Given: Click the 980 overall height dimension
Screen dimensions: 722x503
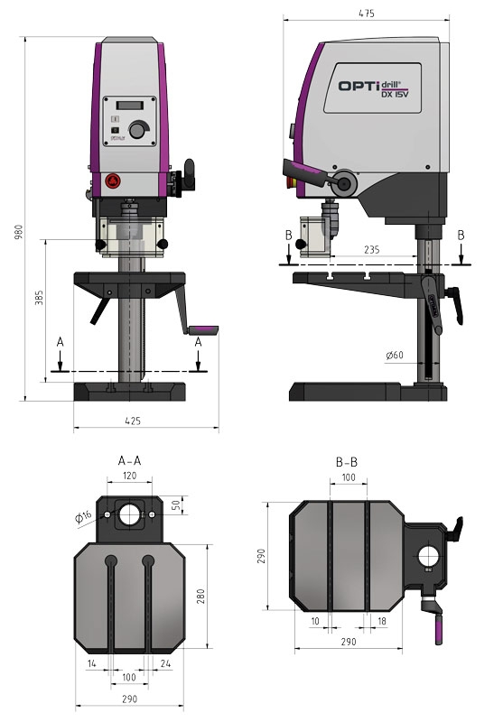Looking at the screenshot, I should [16, 231].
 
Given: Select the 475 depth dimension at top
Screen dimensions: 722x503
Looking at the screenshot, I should [367, 13].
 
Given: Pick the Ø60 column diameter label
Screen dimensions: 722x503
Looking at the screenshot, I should [394, 356].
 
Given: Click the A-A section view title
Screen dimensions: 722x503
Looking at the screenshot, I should [129, 460].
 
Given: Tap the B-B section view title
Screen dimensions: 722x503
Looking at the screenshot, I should [346, 462].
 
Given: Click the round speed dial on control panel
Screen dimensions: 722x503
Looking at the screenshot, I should [137, 132].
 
